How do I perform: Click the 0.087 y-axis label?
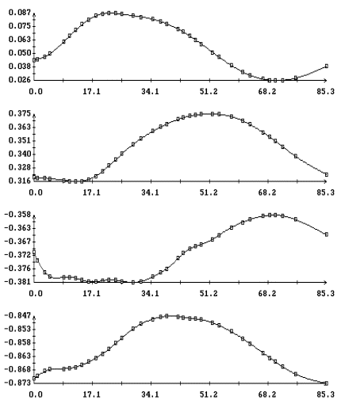(20, 13)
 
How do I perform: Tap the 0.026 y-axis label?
(20, 79)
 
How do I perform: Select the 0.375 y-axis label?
(20, 113)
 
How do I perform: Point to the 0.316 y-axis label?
(20, 181)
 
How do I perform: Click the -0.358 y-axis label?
(17, 215)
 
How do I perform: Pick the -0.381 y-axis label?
(17, 282)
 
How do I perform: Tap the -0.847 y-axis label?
(17, 315)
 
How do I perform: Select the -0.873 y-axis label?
(17, 383)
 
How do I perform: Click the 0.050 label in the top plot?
(20, 53)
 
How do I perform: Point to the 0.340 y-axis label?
(20, 154)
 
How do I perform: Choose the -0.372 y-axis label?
(17, 255)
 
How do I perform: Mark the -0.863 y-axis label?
(17, 356)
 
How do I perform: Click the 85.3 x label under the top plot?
(326, 92)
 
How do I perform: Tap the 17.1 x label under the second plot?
(92, 192)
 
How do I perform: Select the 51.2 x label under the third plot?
(209, 293)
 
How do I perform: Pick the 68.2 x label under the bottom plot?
(267, 394)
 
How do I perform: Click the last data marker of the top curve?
(327, 67)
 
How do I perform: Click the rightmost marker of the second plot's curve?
(327, 175)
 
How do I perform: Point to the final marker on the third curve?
(327, 234)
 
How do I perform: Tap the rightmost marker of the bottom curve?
(327, 383)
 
